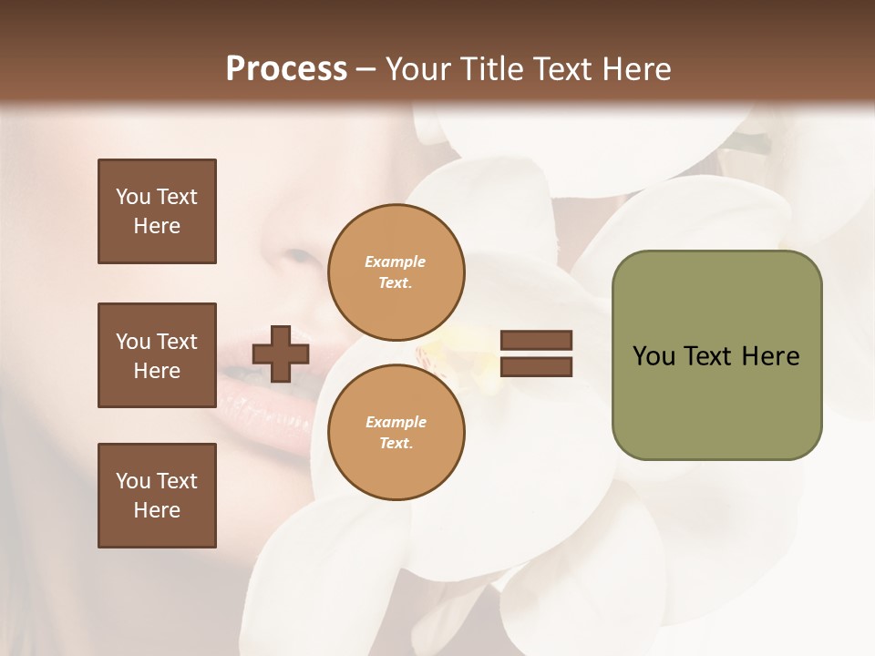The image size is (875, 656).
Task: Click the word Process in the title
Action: click(286, 69)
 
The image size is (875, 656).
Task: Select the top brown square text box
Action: click(157, 211)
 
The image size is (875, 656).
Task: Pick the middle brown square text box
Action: click(157, 355)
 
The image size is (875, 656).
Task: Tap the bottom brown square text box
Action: click(157, 495)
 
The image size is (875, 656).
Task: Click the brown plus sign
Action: click(281, 354)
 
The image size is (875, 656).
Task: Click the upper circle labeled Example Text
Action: click(396, 272)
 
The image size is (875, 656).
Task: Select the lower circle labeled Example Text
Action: click(396, 433)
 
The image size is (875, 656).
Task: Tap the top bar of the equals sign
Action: click(536, 340)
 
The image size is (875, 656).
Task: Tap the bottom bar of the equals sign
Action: click(536, 366)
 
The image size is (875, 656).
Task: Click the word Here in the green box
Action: click(770, 356)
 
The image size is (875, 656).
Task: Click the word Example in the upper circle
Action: click(396, 261)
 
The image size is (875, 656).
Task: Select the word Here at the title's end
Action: click(635, 69)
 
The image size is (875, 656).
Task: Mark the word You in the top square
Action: click(133, 197)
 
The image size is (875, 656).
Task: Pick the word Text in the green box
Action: click(708, 356)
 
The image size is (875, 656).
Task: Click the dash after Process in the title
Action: click(366, 69)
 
